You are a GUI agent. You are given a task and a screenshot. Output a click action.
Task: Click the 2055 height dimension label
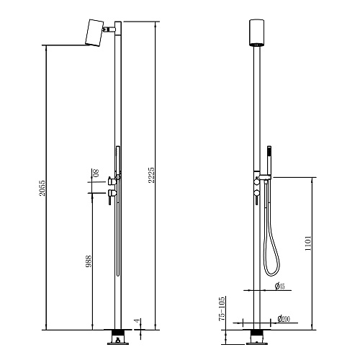pos(42,188)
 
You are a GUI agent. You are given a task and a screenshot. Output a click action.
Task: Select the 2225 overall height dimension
pos(151,175)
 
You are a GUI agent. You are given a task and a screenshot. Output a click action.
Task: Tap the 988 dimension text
pos(89,261)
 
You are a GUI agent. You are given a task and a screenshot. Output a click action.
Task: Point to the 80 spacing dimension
pos(96,173)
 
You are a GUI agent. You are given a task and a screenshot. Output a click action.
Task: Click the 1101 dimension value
pos(308,243)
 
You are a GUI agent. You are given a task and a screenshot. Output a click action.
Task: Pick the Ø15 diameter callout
pos(280,286)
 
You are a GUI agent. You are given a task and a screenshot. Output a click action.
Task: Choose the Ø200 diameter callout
pos(284,319)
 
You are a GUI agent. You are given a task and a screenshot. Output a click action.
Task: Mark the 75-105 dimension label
pos(222,309)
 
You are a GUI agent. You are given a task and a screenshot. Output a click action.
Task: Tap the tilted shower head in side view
pos(94,32)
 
